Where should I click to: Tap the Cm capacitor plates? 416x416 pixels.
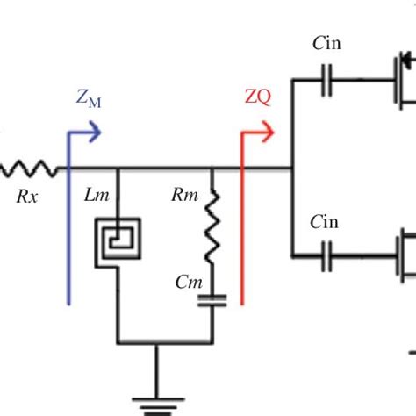click(x=212, y=301)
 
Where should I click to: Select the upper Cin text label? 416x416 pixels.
click(x=325, y=45)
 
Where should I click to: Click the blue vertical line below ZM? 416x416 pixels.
click(x=68, y=237)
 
